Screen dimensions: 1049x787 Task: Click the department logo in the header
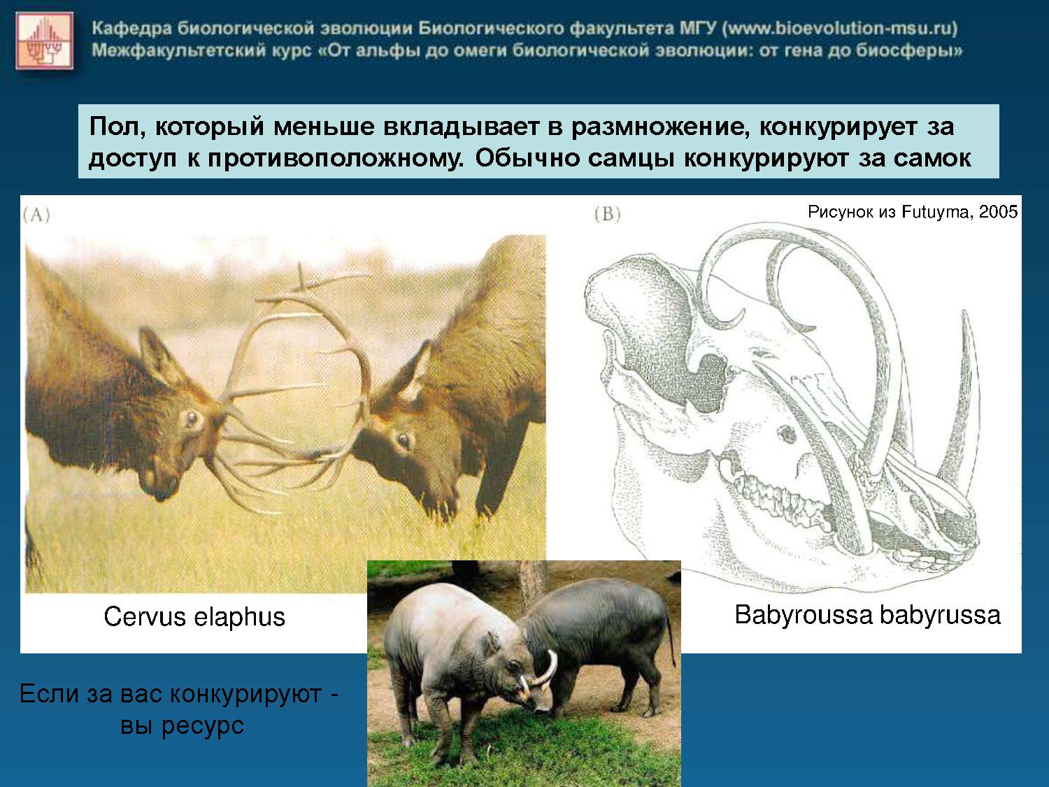click(x=45, y=41)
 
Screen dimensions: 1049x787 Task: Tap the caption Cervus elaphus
click(x=194, y=616)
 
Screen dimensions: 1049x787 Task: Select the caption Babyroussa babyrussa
click(x=867, y=614)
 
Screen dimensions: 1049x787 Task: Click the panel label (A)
click(x=36, y=215)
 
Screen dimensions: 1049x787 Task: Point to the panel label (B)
click(x=608, y=213)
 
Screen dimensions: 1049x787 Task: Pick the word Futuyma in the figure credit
click(x=936, y=212)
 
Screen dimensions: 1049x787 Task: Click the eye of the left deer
click(x=192, y=418)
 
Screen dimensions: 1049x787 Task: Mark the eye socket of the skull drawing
click(x=785, y=434)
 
